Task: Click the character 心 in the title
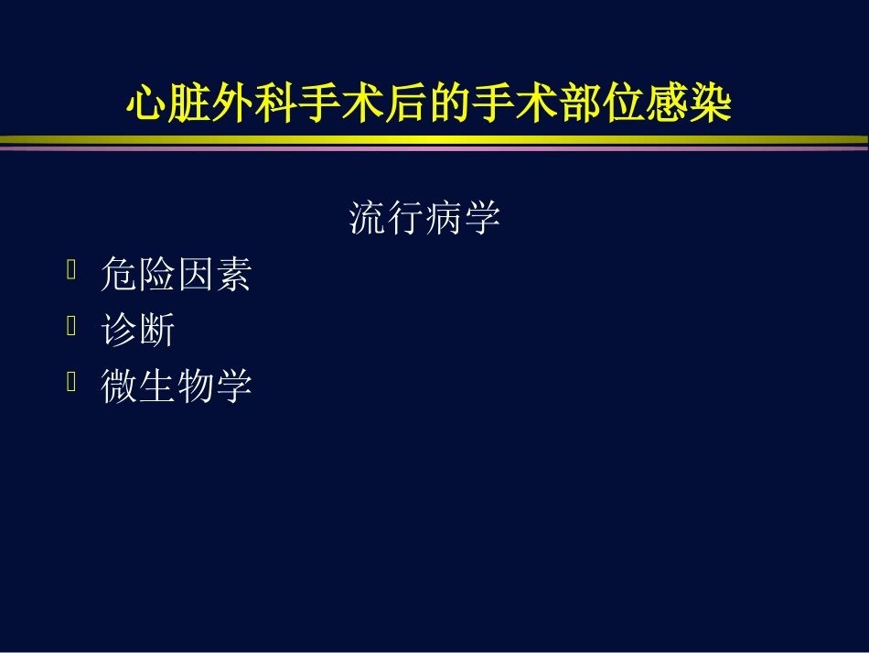146,104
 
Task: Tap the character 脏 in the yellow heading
189,104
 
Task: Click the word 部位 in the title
622,104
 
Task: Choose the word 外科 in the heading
254,104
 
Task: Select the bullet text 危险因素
176,275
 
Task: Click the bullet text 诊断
137,331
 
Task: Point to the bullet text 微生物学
176,386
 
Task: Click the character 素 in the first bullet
233,275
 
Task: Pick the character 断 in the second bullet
156,331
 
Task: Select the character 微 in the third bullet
118,386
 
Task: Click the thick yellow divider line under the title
434,140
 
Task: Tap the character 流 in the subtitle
367,219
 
